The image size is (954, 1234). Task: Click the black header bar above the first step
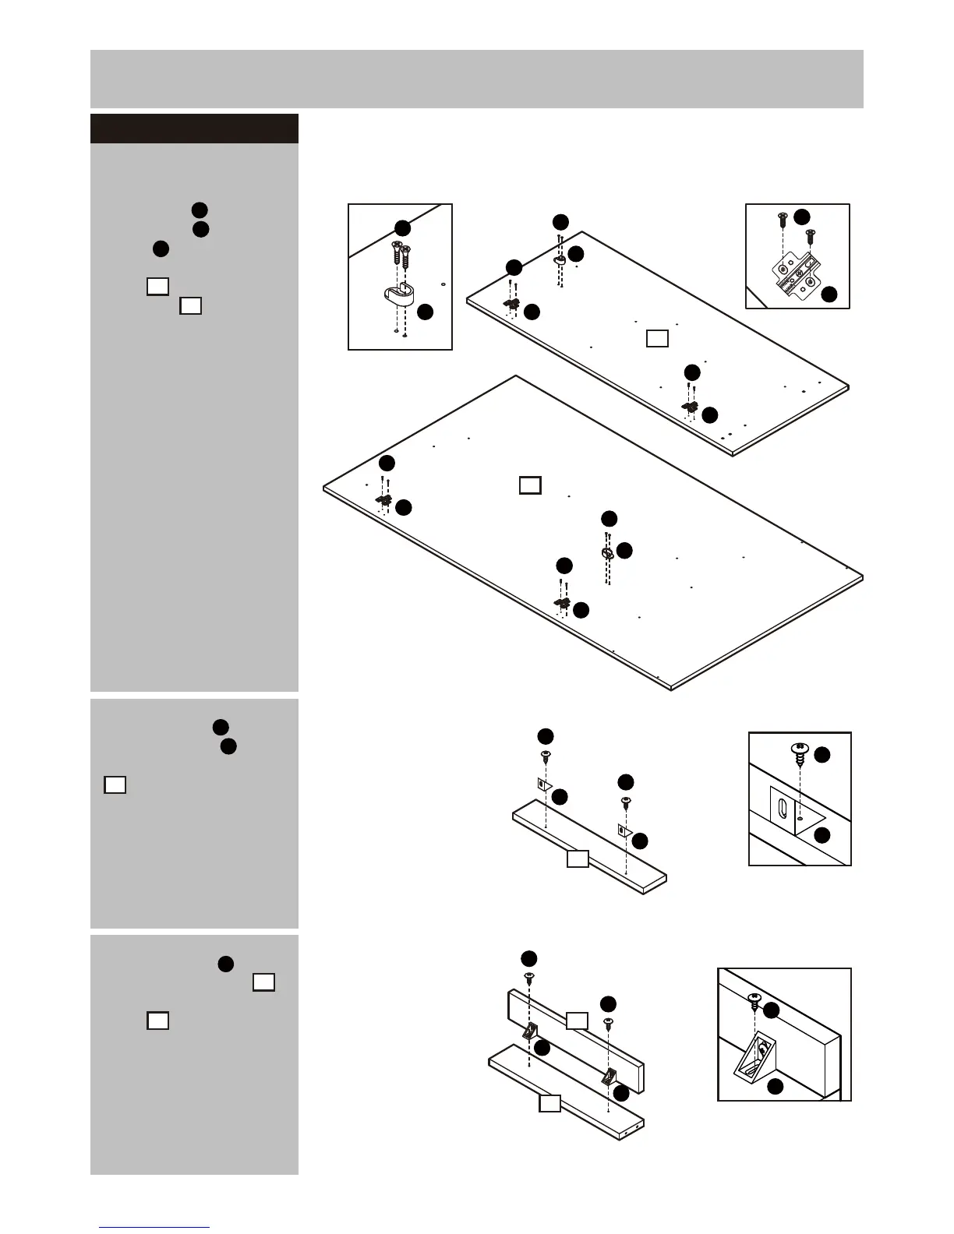(194, 129)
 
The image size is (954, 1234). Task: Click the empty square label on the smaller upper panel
(657, 338)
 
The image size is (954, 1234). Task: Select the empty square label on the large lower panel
(530, 485)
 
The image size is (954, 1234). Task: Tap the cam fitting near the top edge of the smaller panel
(560, 262)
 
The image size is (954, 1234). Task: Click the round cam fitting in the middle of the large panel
(607, 552)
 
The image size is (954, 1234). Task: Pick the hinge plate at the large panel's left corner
(384, 499)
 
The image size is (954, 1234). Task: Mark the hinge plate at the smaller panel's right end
(690, 407)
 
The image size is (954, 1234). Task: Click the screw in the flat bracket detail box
(799, 752)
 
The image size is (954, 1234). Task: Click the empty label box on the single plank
(577, 859)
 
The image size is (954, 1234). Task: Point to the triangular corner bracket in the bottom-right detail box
(755, 1055)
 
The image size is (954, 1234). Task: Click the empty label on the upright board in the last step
(576, 1021)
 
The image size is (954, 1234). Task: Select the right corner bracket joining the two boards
(610, 1077)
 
